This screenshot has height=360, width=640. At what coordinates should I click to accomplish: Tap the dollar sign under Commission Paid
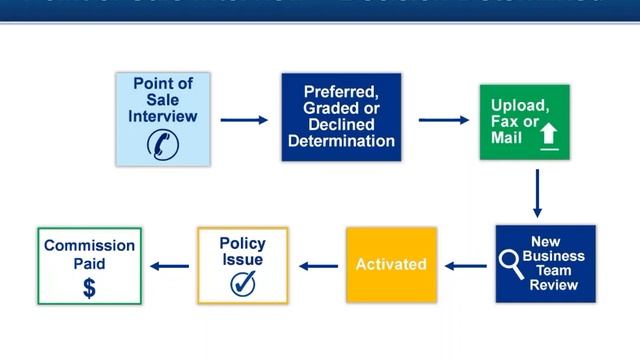click(x=89, y=289)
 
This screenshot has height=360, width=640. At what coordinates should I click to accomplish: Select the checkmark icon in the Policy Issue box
click(x=242, y=284)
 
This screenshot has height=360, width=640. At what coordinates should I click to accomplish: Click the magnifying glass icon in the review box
click(x=510, y=265)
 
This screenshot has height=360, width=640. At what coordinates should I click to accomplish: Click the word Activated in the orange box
click(x=391, y=265)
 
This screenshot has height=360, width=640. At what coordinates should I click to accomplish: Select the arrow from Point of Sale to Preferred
click(x=244, y=120)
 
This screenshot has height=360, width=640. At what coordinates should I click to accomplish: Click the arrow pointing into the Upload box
click(x=444, y=120)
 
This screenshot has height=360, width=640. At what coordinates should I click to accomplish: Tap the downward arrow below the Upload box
click(x=537, y=193)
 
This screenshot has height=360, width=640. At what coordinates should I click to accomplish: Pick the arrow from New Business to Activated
click(x=464, y=266)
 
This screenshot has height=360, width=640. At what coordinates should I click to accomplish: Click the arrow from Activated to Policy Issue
click(x=318, y=266)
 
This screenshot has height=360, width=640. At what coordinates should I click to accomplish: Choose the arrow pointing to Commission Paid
click(x=169, y=266)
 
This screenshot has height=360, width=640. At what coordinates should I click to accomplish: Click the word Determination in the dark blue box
click(x=341, y=141)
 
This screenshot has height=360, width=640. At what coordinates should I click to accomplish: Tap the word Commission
click(x=89, y=246)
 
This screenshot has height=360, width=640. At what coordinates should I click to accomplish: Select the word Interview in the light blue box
click(x=163, y=116)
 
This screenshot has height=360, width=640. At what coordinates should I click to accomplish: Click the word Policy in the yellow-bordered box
click(x=242, y=244)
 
